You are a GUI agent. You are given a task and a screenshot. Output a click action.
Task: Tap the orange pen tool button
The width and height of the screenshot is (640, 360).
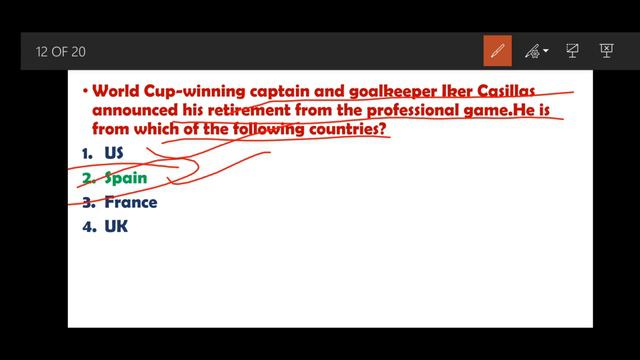point(497,51)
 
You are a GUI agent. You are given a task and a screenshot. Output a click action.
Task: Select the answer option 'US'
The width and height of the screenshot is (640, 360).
point(114,153)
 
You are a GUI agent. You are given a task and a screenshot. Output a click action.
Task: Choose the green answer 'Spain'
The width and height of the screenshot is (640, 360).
point(126,178)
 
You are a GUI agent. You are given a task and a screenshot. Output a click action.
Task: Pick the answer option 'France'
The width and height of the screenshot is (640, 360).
point(131,202)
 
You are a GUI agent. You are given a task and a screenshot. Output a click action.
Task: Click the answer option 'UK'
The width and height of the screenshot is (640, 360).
point(116,226)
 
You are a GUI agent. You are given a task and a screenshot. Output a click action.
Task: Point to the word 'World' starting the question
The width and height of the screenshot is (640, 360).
point(115,91)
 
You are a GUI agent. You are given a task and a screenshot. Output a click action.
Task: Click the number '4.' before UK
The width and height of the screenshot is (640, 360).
point(88,226)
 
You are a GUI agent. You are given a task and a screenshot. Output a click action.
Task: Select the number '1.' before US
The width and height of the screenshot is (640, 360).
point(88,153)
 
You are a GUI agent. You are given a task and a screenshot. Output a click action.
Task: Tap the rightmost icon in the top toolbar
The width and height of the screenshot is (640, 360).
point(606,50)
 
